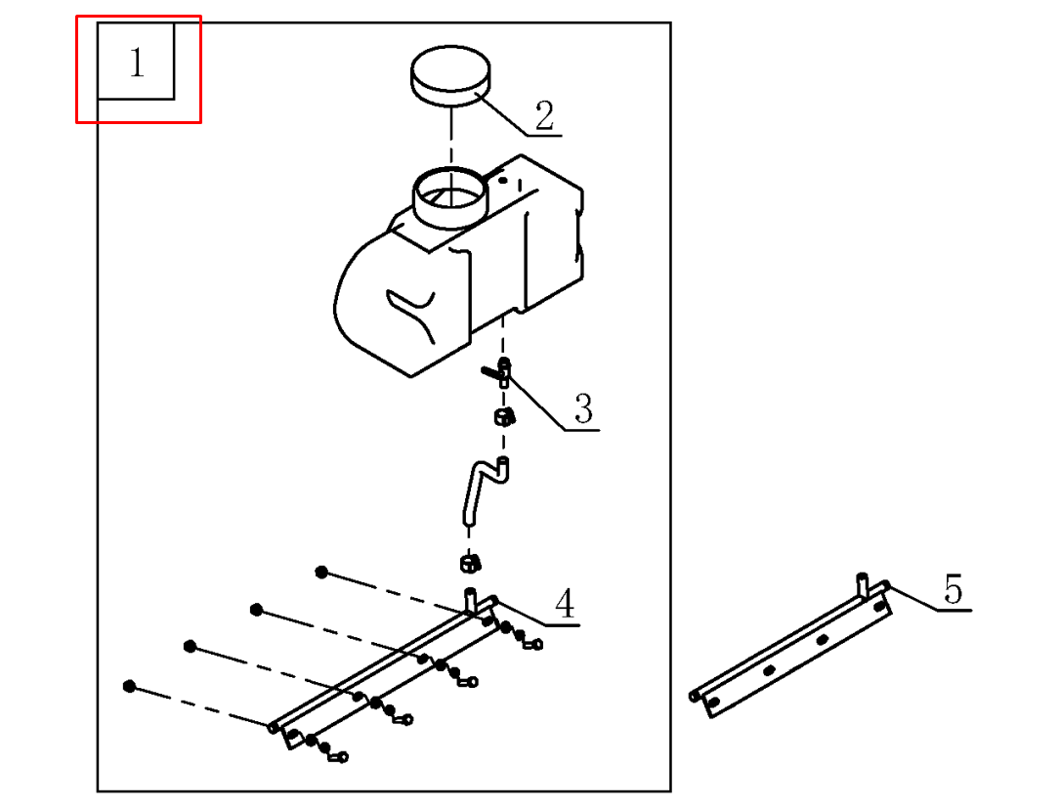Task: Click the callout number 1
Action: [x=137, y=64]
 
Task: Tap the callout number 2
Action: [x=544, y=116]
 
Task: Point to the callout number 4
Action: [x=565, y=605]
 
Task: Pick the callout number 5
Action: [x=953, y=590]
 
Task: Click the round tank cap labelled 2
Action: [x=450, y=78]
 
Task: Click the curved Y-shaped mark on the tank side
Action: [x=410, y=311]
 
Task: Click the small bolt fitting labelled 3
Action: [x=498, y=371]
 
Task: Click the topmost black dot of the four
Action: [x=320, y=572]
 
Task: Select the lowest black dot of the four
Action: [x=129, y=686]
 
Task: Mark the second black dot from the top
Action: [x=256, y=610]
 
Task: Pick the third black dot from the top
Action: [x=190, y=647]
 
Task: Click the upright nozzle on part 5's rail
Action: [x=863, y=582]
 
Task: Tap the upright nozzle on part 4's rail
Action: [x=470, y=599]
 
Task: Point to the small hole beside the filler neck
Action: [x=502, y=180]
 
